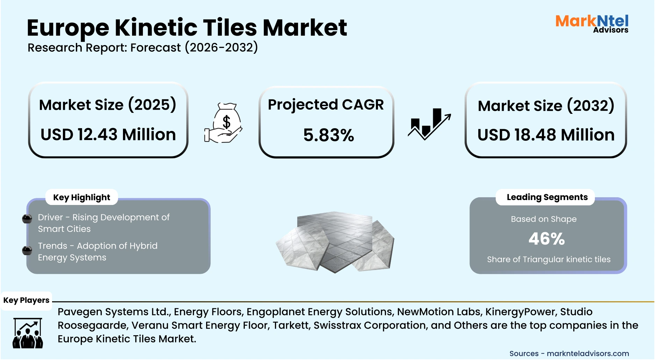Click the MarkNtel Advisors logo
[592, 24]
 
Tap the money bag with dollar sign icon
[224, 123]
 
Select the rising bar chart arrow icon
[429, 124]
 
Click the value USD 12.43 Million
[108, 134]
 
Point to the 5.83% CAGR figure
[328, 135]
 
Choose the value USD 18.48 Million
[546, 135]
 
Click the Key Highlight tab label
[81, 197]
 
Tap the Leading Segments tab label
[547, 197]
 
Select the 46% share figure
[546, 239]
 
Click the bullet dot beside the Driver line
[27, 219]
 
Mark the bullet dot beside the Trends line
[27, 250]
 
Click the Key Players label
[26, 300]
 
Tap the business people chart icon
[28, 333]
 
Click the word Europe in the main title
[68, 28]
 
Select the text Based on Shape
[544, 219]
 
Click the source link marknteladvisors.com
[588, 353]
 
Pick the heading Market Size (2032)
[546, 106]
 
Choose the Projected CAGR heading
[326, 105]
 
